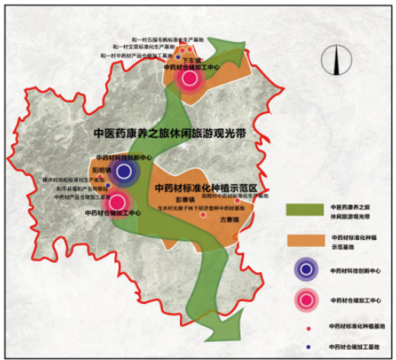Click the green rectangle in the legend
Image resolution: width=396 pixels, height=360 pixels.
[305, 210]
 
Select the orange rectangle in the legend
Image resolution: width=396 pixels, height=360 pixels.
[305, 238]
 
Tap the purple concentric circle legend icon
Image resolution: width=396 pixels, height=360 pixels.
[305, 269]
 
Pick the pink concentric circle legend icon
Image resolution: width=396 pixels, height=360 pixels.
[305, 300]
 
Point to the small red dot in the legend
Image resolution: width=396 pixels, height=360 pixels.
[305, 326]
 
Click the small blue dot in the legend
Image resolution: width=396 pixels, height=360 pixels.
[305, 346]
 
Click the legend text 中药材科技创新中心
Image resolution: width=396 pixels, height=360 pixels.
[354, 269]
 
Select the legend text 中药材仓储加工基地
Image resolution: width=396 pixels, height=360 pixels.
[354, 346]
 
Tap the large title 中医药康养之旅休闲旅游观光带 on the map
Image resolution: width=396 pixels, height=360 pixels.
[164, 133]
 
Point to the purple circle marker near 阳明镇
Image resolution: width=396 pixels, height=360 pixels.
[122, 171]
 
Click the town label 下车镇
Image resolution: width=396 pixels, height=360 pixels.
[193, 60]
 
